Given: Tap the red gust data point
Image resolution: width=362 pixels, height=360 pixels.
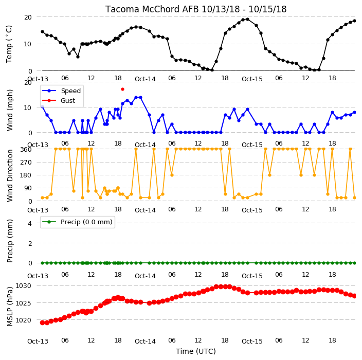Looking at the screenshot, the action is (x=122, y=89).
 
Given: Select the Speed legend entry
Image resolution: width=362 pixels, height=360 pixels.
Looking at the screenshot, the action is (x=61, y=91).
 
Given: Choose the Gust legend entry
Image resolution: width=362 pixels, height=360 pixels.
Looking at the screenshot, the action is (x=59, y=100).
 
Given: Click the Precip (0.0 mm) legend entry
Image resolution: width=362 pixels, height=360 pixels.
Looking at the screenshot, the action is (x=78, y=222).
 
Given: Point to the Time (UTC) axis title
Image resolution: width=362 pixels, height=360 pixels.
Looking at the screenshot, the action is (x=196, y=351).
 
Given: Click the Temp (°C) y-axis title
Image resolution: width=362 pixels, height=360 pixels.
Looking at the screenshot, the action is (x=9, y=44).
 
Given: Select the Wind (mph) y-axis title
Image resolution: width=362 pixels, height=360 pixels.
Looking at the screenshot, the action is (x=10, y=110).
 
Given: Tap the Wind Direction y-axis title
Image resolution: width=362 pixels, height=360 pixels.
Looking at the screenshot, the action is (x=10, y=175).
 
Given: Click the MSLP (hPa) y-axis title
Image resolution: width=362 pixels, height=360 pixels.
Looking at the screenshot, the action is (x=10, y=307).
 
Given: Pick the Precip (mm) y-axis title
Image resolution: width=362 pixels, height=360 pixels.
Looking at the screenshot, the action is (x=10, y=241).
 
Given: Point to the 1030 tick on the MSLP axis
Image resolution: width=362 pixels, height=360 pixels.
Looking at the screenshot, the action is (x=23, y=286).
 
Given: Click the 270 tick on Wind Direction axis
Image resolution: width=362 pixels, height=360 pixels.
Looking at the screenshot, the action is (x=26, y=163).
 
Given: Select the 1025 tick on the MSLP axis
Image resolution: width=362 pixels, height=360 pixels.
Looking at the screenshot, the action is (x=23, y=303).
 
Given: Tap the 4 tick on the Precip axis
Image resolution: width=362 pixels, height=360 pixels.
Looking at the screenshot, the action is (x=30, y=223).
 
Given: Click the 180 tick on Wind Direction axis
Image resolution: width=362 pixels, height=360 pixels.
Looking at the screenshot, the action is (x=26, y=175).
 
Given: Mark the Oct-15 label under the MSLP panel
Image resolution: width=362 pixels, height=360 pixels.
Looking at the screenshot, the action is (x=252, y=341).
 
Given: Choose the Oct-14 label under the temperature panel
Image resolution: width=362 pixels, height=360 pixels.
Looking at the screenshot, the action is (x=145, y=79).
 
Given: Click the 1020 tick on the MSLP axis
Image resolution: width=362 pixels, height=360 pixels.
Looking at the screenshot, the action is (x=23, y=320).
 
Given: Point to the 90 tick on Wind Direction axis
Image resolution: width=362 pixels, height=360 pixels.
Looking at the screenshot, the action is (x=28, y=188).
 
